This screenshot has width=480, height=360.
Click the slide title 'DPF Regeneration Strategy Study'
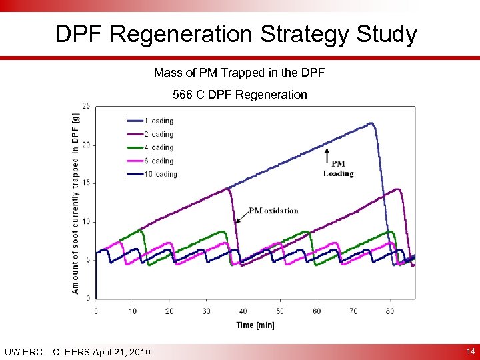(x=236, y=34)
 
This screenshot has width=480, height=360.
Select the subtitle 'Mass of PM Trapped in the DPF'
(x=239, y=72)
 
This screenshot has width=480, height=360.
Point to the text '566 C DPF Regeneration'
(x=240, y=94)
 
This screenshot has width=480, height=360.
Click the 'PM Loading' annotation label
(x=338, y=169)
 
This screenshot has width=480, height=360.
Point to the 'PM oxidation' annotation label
(x=273, y=211)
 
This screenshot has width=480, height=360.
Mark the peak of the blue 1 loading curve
(x=371, y=123)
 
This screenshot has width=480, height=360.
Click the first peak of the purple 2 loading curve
(x=228, y=189)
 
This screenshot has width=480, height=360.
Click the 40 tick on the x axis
(x=243, y=311)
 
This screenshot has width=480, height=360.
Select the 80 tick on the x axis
(x=390, y=311)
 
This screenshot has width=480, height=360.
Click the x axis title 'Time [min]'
(x=255, y=325)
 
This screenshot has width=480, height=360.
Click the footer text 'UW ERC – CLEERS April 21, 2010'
(x=77, y=352)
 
